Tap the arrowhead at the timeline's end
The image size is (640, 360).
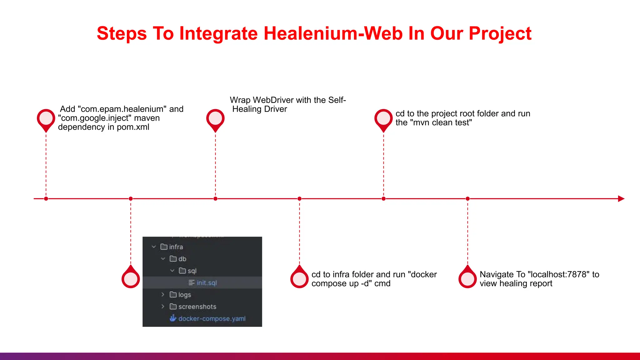[x=621, y=199]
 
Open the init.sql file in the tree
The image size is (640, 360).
[x=206, y=283]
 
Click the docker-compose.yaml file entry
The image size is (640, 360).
[x=212, y=319]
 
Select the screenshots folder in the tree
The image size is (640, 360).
[x=197, y=307]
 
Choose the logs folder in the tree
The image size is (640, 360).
[x=184, y=295]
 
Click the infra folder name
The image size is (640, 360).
[x=176, y=247]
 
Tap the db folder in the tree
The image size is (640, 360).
[x=182, y=259]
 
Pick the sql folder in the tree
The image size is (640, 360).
[x=192, y=271]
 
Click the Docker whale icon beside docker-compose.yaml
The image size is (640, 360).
[x=173, y=318]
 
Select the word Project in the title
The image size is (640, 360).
[x=500, y=33]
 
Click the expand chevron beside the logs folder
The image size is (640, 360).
[x=163, y=295]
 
